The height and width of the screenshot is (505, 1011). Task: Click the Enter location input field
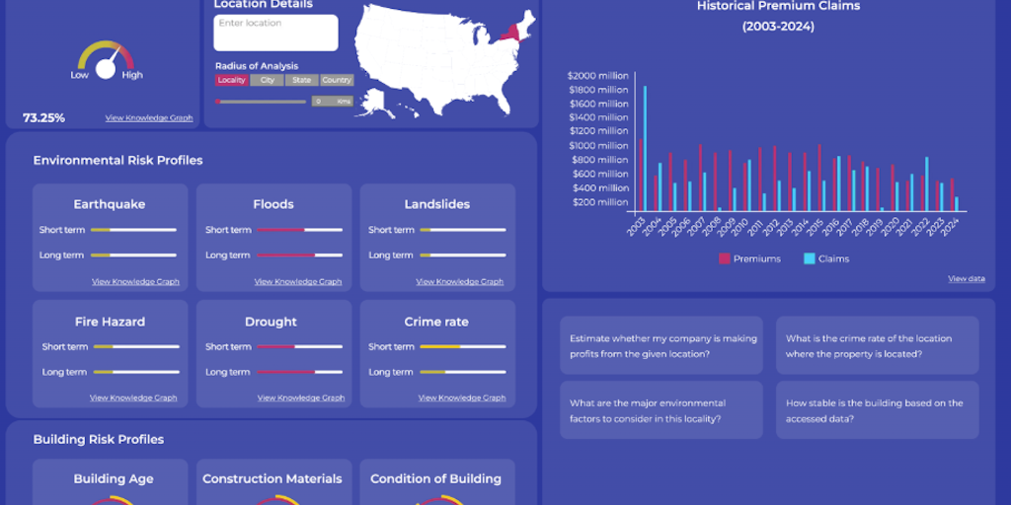pos(275,33)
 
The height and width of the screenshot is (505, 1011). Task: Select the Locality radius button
pos(231,80)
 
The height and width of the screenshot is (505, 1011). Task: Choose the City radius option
pos(267,80)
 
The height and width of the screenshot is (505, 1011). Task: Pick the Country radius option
pos(337,80)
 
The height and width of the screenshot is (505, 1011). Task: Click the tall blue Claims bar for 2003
pos(645,148)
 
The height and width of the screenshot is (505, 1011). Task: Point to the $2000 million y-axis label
pos(598,75)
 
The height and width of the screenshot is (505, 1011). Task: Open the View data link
pos(967,279)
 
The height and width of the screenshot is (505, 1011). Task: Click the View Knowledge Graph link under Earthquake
pos(135,281)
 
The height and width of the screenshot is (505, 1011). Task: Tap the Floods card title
pos(273,204)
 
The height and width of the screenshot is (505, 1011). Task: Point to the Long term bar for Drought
pos(300,372)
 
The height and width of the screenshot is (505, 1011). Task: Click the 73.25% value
pos(44,118)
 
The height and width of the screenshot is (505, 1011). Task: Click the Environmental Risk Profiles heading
pos(117,160)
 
